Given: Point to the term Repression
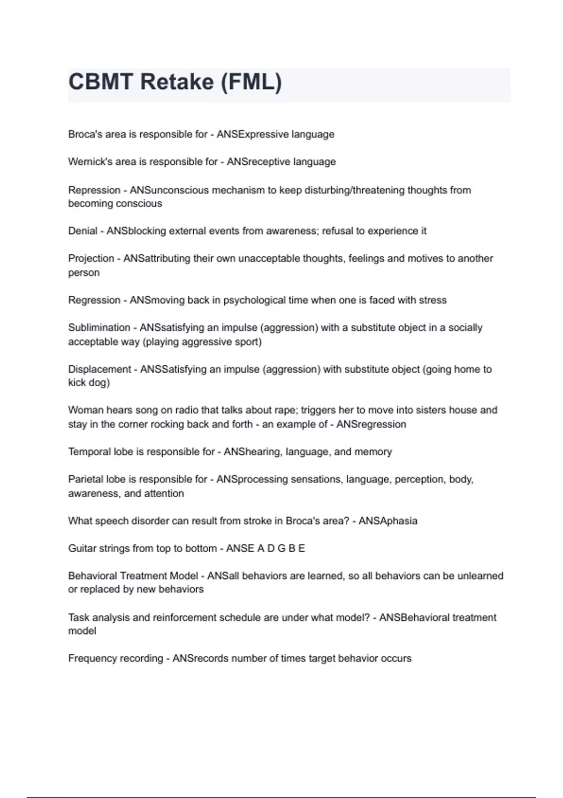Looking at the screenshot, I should click(94, 190).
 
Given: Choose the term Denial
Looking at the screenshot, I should click(83, 231).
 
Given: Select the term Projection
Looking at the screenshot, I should click(91, 259).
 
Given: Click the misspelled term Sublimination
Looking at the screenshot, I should click(99, 328).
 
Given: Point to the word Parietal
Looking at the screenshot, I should click(85, 479).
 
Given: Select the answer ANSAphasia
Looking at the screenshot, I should click(388, 521).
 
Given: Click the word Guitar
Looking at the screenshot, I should click(82, 548).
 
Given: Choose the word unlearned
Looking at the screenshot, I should click(479, 576).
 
